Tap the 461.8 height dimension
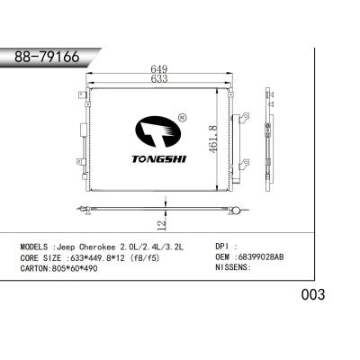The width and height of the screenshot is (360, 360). (213, 139)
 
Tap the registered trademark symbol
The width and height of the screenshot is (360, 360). (183, 117)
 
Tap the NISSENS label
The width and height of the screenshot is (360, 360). (235, 267)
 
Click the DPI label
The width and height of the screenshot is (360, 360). (225, 245)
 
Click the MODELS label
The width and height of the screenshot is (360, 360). (34, 245)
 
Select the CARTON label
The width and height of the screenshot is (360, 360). (35, 267)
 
